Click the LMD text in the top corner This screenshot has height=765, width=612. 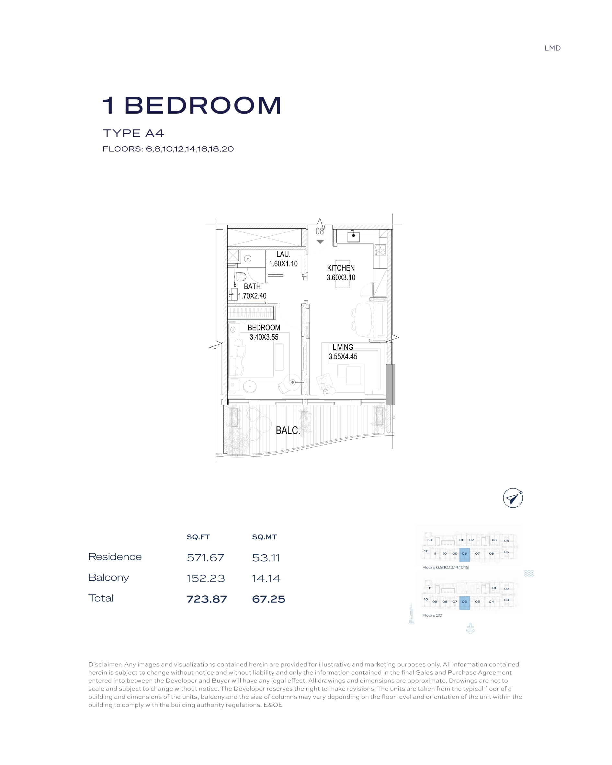(x=552, y=48)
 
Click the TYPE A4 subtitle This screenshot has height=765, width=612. (x=133, y=133)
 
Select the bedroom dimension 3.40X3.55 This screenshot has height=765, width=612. (x=264, y=337)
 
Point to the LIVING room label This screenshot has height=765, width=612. (x=343, y=347)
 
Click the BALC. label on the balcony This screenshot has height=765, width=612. (x=288, y=430)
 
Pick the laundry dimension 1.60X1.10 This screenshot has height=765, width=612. (x=283, y=264)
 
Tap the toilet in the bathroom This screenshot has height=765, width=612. (x=240, y=276)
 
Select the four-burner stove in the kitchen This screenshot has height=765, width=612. (x=380, y=250)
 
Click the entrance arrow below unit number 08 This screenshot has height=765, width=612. (x=320, y=242)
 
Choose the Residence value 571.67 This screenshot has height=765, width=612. (x=205, y=558)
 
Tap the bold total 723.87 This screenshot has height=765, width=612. (x=207, y=599)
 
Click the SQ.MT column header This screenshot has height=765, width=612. (x=265, y=537)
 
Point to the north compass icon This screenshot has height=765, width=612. (x=513, y=498)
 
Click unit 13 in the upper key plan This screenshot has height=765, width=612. (x=430, y=540)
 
